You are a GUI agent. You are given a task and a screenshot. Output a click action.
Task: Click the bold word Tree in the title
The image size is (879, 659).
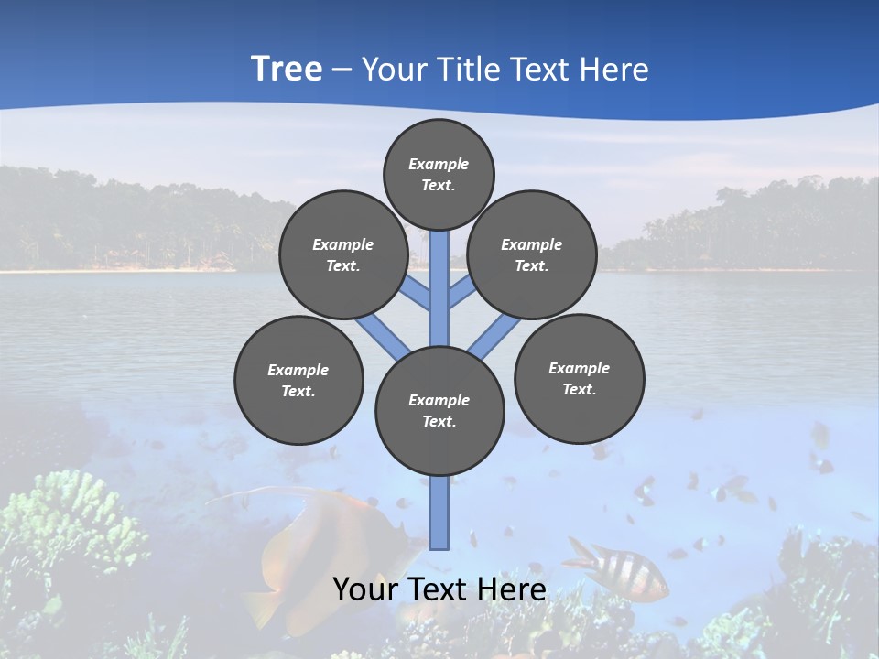(287, 70)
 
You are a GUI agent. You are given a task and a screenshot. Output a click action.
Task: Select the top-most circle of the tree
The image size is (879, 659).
(439, 174)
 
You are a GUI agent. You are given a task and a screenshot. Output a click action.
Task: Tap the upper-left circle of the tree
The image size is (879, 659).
(343, 254)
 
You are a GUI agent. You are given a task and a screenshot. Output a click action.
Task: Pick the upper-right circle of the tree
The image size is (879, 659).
(532, 254)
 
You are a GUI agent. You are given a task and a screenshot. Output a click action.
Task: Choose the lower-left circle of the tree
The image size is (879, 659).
(298, 380)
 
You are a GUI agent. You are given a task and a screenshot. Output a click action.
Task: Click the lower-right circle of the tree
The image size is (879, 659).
(579, 378)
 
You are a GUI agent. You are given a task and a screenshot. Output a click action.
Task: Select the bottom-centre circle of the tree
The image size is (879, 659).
(439, 410)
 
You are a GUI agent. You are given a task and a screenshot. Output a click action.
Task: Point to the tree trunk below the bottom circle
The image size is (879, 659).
(439, 513)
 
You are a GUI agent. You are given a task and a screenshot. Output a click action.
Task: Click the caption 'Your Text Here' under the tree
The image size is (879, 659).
(439, 589)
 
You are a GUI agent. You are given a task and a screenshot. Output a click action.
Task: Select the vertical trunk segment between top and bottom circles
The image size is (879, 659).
(439, 288)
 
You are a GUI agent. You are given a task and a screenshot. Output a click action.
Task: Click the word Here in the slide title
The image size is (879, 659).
(614, 70)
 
